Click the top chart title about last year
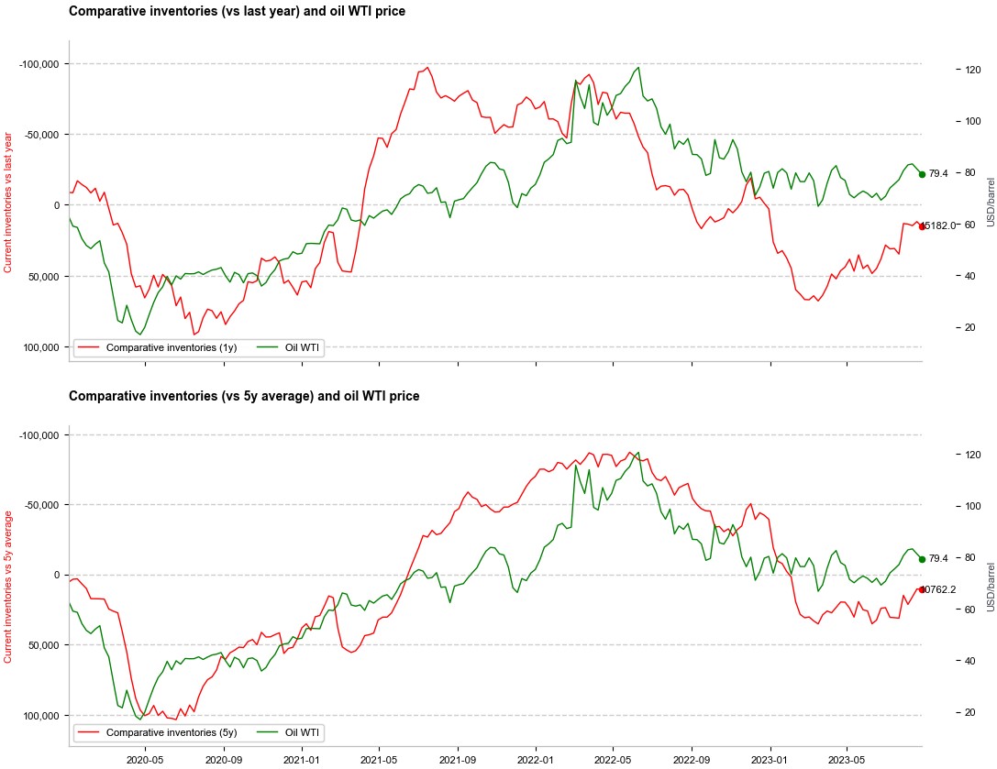point(237,12)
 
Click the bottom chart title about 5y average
point(244,396)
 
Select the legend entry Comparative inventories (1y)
point(171,347)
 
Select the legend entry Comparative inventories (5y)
point(171,732)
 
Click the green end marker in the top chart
point(922,174)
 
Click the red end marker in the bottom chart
point(922,589)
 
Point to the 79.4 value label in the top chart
point(938,173)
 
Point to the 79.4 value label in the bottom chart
point(938,558)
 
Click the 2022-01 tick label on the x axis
point(535,760)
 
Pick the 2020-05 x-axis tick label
point(144,760)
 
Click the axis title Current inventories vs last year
point(8,202)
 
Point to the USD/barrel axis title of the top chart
point(991,202)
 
